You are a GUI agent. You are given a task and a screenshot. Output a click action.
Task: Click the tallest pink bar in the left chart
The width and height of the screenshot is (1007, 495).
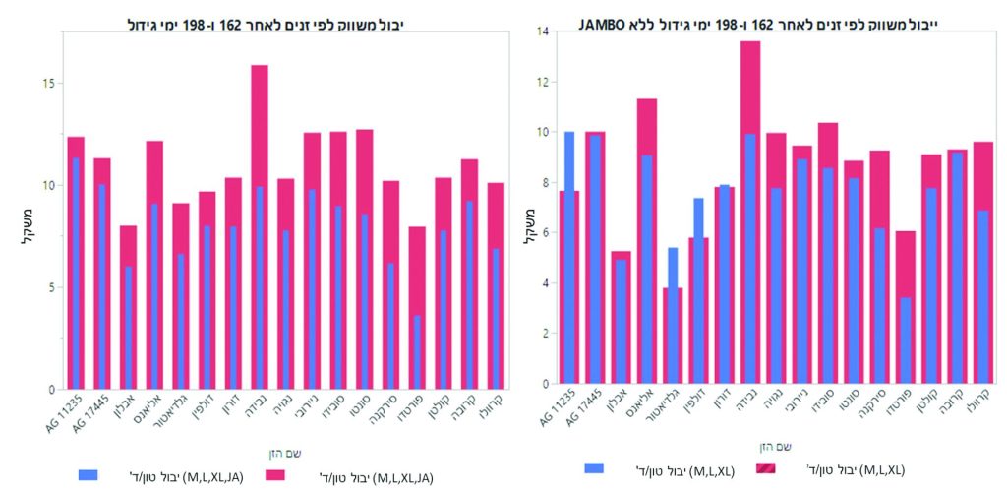[x=260, y=226]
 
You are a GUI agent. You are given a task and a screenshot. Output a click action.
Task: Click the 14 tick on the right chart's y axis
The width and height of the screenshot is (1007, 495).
[x=541, y=31]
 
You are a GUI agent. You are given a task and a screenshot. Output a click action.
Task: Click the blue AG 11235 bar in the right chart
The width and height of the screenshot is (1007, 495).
[x=569, y=256]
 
